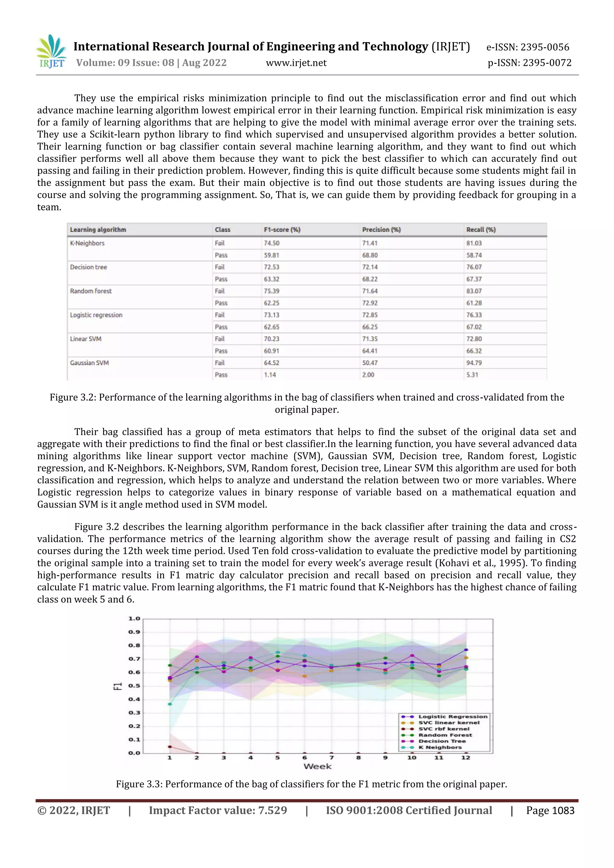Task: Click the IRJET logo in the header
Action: [x=51, y=52]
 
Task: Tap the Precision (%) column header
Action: [x=381, y=230]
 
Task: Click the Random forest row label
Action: [x=91, y=291]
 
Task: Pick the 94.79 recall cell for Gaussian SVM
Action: [x=474, y=363]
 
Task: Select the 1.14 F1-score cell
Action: [x=270, y=375]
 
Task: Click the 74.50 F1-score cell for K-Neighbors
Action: [x=271, y=243]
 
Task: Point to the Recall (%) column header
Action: [x=481, y=230]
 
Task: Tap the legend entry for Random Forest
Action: [x=445, y=735]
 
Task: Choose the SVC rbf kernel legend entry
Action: [x=443, y=729]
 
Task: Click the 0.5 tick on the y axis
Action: [x=134, y=686]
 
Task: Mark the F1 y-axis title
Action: [x=118, y=686]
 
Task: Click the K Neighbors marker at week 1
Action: [x=170, y=704]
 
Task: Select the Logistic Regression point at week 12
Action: [x=466, y=650]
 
